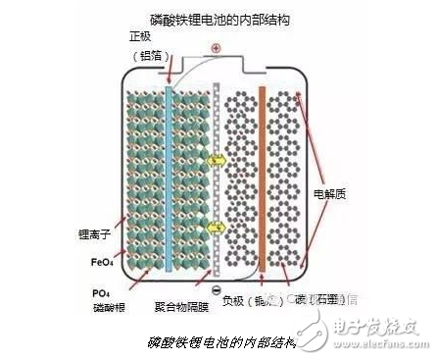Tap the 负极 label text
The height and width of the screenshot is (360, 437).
[x=236, y=302]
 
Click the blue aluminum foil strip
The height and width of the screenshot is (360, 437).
[x=170, y=177]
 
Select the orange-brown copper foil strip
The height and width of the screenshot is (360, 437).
[x=262, y=177]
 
